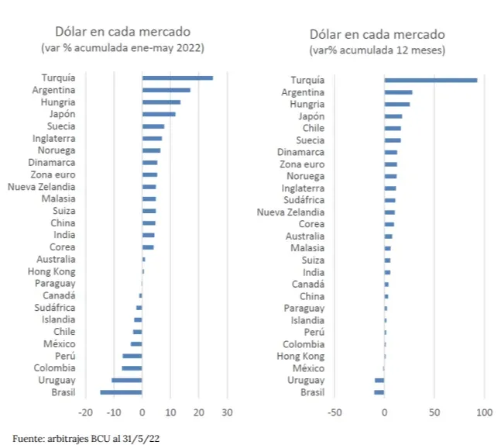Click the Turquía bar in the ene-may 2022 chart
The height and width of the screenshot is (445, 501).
[177, 78]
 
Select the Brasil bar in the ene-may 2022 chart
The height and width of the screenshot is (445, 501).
[121, 392]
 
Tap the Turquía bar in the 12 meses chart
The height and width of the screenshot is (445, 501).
[431, 80]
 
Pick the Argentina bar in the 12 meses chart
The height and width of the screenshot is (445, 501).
[398, 92]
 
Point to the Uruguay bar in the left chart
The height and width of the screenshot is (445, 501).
[127, 380]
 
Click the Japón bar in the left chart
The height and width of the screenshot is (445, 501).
[159, 114]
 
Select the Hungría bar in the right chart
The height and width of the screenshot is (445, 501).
[397, 104]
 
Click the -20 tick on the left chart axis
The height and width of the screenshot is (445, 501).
[85, 412]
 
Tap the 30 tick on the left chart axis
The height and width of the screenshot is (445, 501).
[227, 412]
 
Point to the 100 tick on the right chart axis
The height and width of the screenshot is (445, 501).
[485, 412]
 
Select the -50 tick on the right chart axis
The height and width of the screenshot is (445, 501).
[334, 412]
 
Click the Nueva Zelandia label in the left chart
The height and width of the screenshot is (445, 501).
[42, 187]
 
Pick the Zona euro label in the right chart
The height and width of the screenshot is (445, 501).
[301, 164]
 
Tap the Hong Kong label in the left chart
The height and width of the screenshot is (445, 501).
[52, 271]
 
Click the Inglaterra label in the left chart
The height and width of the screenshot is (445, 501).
[53, 138]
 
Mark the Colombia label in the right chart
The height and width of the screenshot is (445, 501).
[304, 344]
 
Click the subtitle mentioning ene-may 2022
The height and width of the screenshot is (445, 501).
[122, 48]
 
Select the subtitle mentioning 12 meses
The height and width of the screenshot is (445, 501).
[377, 50]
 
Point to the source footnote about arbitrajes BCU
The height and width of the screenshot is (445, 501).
[86, 438]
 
